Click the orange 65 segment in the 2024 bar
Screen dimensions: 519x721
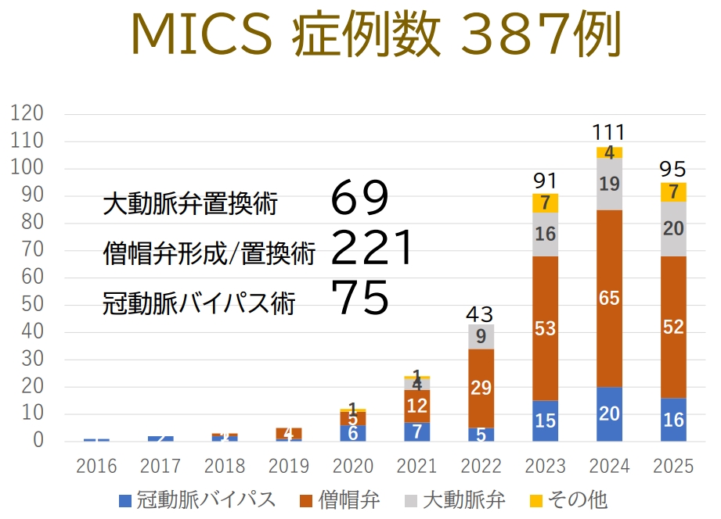(x=609, y=298)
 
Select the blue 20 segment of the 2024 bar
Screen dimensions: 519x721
(x=609, y=414)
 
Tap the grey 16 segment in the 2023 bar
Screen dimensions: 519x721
(x=545, y=234)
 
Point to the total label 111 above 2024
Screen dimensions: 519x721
(x=609, y=132)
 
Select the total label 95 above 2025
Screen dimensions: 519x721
(x=673, y=169)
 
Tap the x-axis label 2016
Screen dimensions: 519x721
(x=96, y=467)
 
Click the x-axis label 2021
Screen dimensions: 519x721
(x=416, y=467)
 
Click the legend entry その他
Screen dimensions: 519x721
(x=575, y=499)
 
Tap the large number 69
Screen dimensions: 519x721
(x=359, y=199)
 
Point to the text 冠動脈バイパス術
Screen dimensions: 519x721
(x=199, y=303)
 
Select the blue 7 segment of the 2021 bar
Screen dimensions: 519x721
(x=416, y=431)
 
